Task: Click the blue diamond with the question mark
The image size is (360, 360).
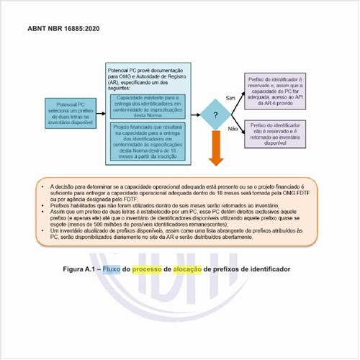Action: coord(214,114)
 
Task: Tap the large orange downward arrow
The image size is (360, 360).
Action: coord(214,153)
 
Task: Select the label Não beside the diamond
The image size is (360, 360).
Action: coord(232,129)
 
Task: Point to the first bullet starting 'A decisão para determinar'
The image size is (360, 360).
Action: coord(180,189)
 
